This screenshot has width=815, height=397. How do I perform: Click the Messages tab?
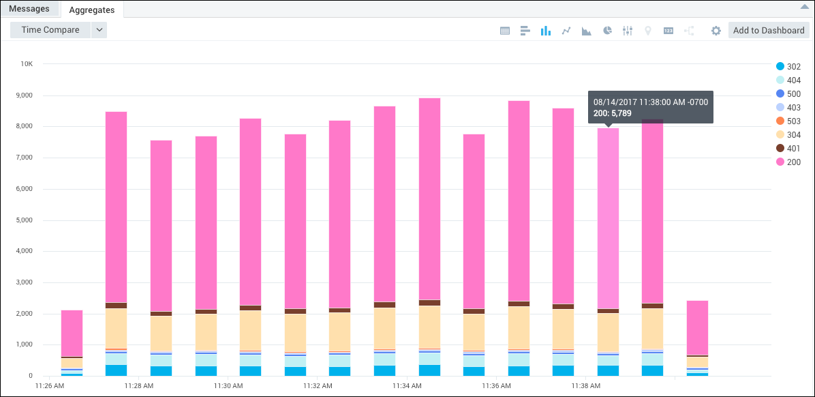coord(29,9)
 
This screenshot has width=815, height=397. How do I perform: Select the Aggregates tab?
coord(92,10)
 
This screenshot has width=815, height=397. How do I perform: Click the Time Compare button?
coord(50,30)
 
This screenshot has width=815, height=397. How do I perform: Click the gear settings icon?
coord(716,31)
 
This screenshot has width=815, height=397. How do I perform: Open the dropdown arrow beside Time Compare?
coord(99,30)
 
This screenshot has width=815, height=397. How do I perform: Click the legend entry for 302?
coord(788,67)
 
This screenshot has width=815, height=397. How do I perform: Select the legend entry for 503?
coord(788,121)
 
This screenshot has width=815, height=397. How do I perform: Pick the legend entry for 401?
coord(788,149)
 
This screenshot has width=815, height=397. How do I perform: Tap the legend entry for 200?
coord(788,162)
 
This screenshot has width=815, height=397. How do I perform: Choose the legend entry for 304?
coord(788,135)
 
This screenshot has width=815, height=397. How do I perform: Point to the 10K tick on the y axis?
coord(27,64)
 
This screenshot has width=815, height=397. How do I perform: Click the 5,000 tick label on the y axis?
coord(24,220)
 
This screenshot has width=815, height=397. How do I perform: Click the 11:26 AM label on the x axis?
coord(50,386)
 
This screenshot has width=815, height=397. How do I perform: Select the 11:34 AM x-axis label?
coord(407,386)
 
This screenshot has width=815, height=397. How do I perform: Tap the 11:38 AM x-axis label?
coord(586,386)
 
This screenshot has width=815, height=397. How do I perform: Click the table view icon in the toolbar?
coord(505,31)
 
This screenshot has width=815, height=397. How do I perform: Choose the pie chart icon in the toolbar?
coord(607,31)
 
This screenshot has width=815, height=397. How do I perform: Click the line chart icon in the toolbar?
coord(566,31)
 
